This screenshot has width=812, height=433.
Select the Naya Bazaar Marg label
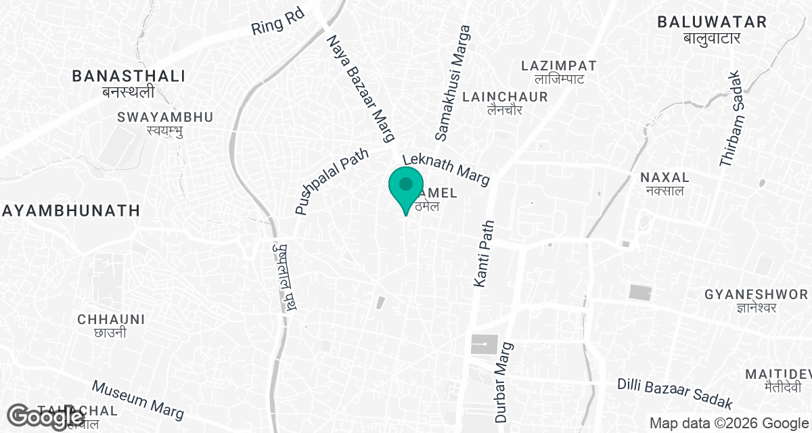[361, 89]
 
